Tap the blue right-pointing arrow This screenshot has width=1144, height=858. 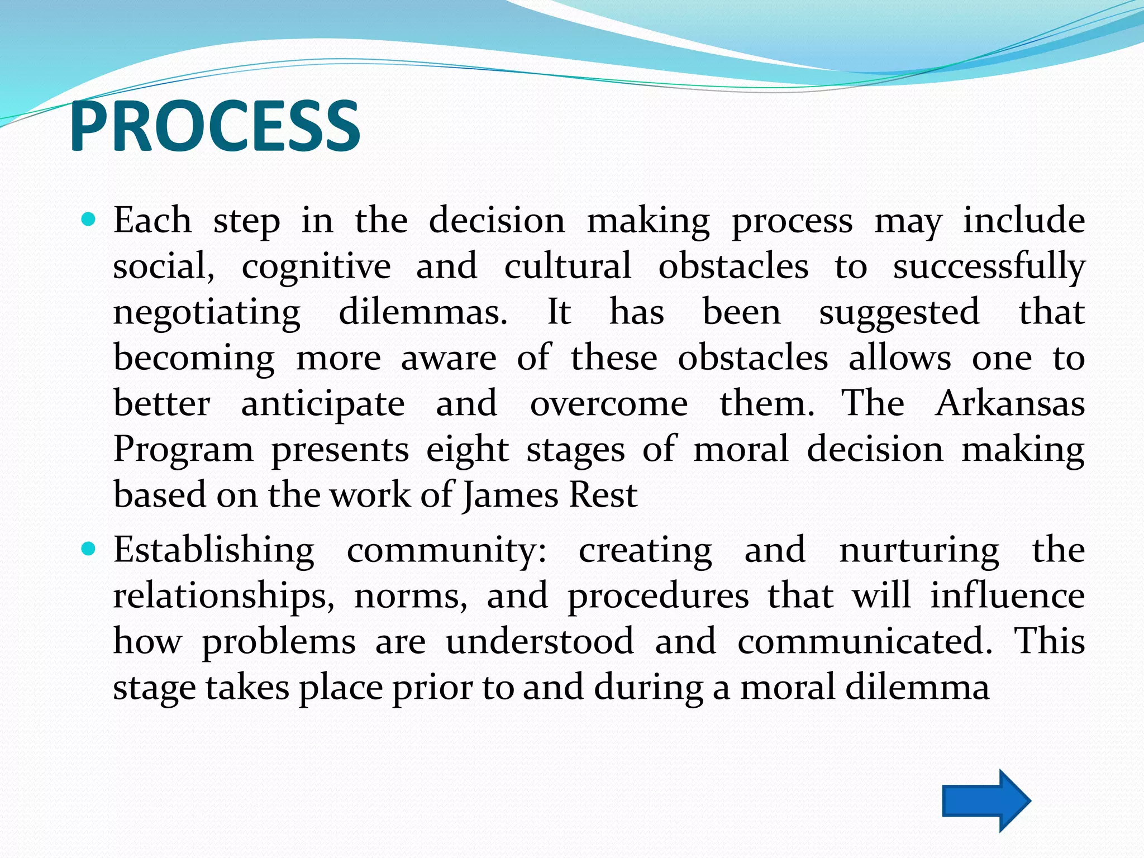pos(986,800)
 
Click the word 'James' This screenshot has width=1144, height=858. pos(511,495)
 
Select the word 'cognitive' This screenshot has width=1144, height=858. pos(316,266)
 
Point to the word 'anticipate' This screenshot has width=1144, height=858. pos(323,404)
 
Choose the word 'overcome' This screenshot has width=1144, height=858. pos(609,404)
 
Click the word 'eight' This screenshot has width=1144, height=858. pos(468,450)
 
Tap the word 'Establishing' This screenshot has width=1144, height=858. pos(214,550)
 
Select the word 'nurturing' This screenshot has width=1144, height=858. pos(919,551)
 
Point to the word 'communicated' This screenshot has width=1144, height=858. pos(865,641)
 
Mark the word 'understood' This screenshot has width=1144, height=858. pos(540,641)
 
